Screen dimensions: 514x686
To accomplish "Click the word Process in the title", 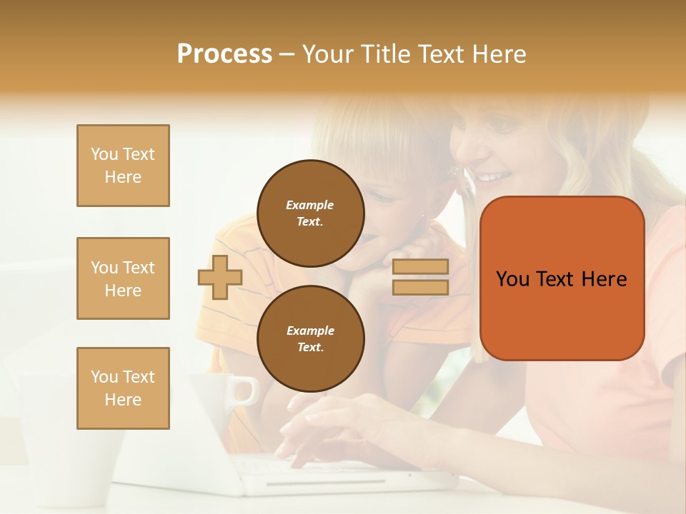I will click(x=224, y=54).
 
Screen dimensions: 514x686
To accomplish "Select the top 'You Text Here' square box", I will click(x=123, y=166).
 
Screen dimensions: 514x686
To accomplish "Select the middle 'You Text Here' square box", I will click(x=123, y=278).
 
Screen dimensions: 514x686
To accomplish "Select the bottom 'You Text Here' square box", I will click(x=123, y=388).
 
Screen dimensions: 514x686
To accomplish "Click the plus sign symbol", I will click(x=220, y=277).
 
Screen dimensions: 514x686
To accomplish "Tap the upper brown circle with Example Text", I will click(x=310, y=213).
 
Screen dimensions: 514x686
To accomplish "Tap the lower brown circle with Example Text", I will click(x=310, y=339).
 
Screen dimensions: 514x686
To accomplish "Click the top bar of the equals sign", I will click(x=420, y=267).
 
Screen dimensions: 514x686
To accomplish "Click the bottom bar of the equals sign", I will click(x=420, y=287).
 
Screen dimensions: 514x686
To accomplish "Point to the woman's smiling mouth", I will click(x=495, y=176).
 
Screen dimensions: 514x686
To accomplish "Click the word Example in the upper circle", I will click(x=310, y=205).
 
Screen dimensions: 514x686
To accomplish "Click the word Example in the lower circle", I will click(x=310, y=331).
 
